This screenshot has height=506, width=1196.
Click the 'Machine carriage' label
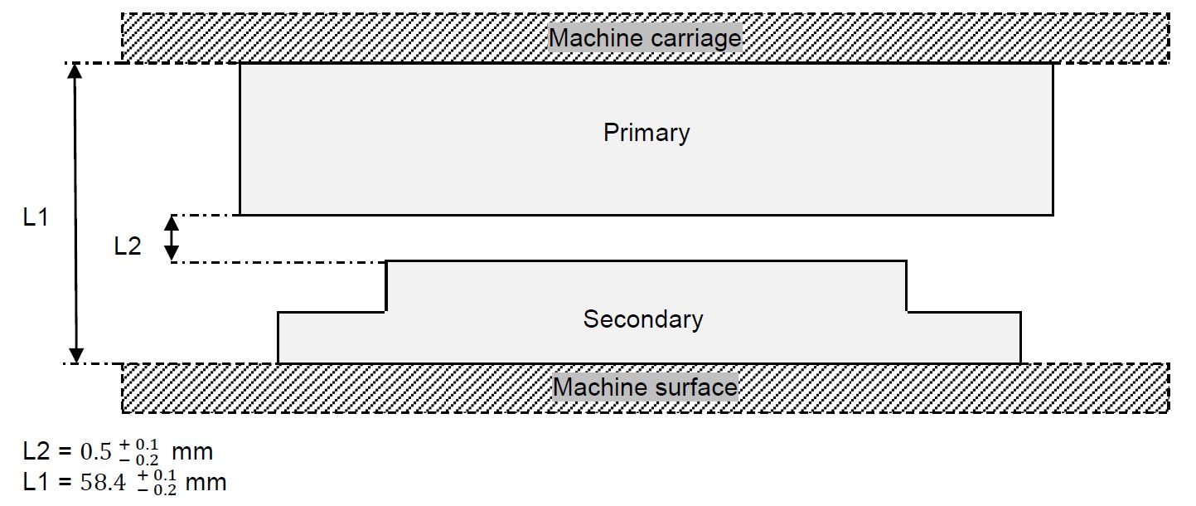645,38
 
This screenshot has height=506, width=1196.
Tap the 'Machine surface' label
645,387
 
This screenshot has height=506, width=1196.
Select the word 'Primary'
646,133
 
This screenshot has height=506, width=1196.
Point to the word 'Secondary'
643,319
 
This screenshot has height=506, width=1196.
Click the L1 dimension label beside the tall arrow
36,218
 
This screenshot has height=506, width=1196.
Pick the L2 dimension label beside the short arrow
128,246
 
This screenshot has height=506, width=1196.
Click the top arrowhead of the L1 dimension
75,71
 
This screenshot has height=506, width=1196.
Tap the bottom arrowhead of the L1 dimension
75,355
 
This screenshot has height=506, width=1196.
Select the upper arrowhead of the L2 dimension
171,222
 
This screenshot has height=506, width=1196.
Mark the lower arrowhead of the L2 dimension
171,255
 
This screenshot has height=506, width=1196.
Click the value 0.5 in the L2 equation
96,453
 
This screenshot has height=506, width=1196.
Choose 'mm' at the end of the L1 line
206,483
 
